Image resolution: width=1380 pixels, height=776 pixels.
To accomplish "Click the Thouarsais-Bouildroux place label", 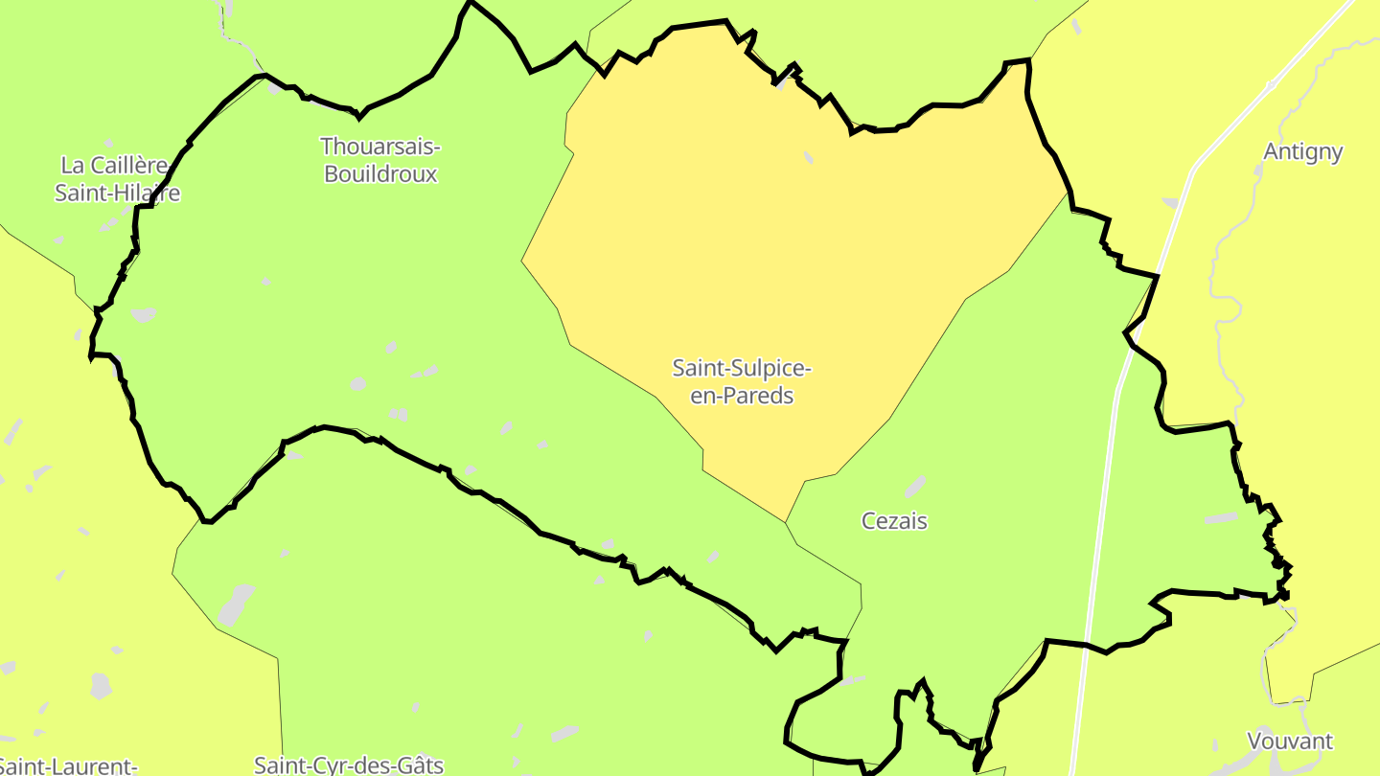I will (380, 160).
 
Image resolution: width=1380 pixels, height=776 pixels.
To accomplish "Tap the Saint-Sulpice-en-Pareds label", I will (742, 381).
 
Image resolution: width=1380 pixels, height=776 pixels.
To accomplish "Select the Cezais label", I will (894, 521).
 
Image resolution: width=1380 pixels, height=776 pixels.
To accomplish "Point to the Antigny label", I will (1302, 151).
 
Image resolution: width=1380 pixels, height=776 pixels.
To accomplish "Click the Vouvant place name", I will (1289, 741).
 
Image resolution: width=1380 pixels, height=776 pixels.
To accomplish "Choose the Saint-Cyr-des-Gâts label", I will (349, 765).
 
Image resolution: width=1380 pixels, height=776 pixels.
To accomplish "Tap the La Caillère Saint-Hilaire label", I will (117, 178).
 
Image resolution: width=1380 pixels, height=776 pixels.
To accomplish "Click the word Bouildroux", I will (380, 174).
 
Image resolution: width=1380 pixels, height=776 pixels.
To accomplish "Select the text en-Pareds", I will (742, 396).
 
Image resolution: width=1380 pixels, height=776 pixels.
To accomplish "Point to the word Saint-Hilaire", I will (117, 193).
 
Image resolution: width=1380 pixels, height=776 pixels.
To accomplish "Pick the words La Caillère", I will (113, 165).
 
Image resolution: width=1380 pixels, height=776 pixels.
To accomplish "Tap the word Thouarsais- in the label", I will (380, 147).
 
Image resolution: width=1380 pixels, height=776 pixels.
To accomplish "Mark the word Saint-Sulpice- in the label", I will (742, 368).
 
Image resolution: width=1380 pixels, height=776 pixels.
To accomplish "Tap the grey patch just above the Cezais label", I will (915, 487).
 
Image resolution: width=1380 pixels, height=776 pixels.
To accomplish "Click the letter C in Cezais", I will (868, 521).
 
